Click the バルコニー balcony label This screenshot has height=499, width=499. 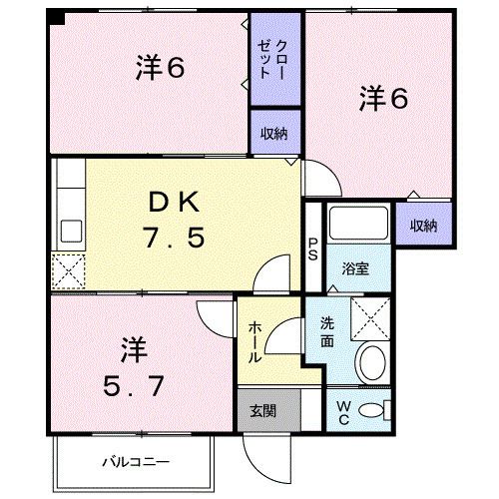(136, 461)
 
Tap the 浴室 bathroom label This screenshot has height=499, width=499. (354, 266)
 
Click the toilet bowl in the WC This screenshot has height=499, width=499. (372, 409)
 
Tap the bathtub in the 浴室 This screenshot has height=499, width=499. (359, 226)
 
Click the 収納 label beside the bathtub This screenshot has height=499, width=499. (423, 226)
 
